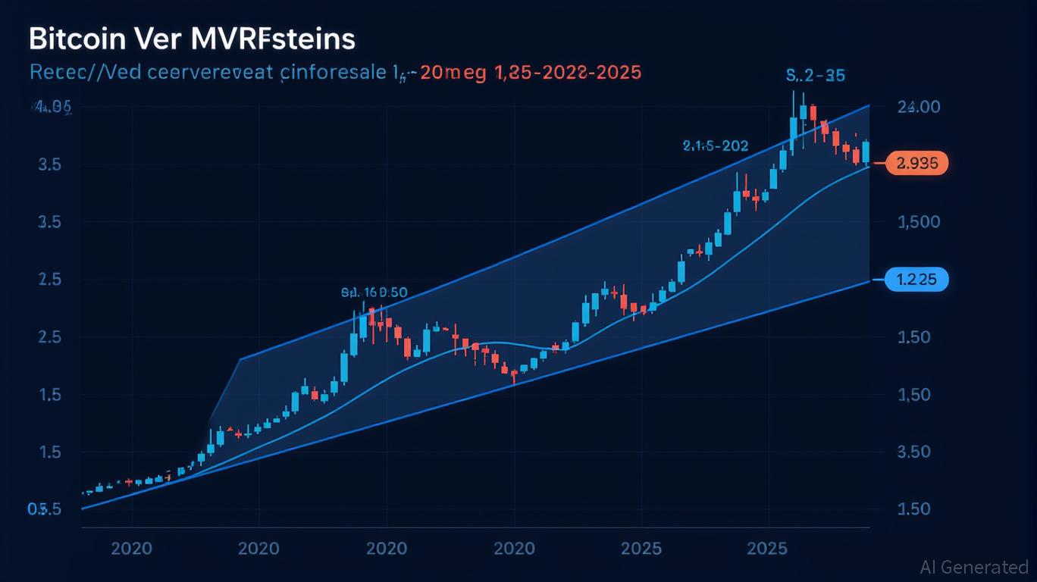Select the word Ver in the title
156,39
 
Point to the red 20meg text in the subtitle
444,73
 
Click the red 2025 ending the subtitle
616,73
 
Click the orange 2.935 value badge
916,163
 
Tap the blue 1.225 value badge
916,280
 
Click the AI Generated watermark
974,567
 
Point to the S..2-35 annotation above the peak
816,76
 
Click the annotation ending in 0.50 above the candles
374,292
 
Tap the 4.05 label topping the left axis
52,108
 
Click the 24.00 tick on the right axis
918,108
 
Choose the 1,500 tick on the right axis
918,223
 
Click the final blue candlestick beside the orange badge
866,152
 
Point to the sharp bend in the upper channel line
240,359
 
